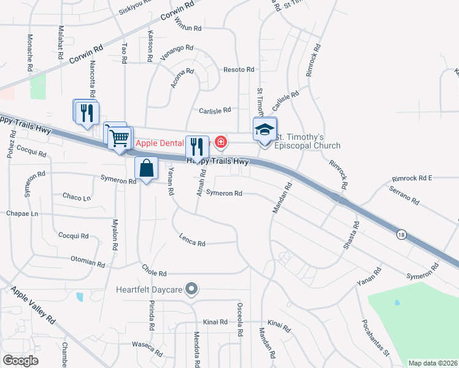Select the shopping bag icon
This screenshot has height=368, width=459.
click(x=147, y=169)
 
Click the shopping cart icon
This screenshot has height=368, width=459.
click(x=120, y=137)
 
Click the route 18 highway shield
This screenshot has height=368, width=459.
click(x=401, y=234)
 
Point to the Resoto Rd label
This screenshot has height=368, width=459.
click(x=239, y=70)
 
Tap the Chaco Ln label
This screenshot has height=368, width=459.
click(x=76, y=197)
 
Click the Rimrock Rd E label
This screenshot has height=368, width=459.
click(x=413, y=178)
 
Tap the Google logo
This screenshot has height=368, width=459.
click(x=21, y=361)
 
